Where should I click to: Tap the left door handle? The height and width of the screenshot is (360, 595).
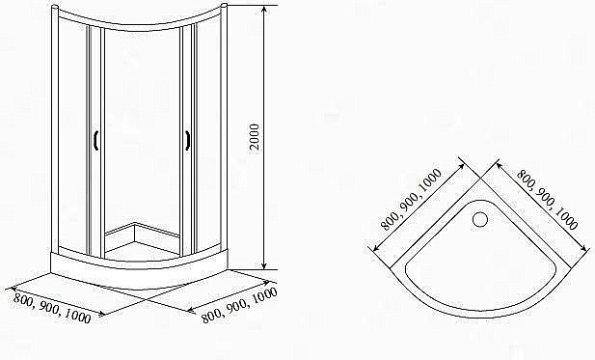click(95, 142)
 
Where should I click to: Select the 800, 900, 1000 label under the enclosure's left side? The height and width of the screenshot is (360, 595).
click(53, 307)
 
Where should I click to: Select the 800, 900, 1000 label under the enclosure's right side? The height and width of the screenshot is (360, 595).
click(238, 305)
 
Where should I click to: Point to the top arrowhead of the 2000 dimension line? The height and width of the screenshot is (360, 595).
click(263, 8)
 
